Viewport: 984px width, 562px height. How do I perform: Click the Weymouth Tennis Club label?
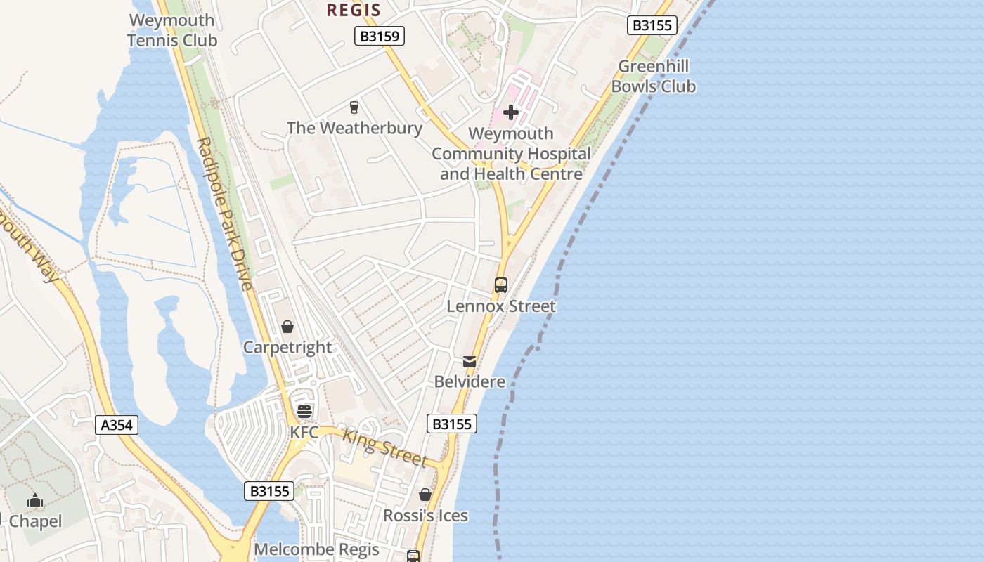coord(172,30)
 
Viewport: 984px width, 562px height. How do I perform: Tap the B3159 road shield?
coord(380,36)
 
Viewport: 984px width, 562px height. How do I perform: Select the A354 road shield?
coord(117,424)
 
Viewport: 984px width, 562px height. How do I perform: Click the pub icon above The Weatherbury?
coord(354,107)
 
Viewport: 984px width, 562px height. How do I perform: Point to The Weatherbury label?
coord(354,128)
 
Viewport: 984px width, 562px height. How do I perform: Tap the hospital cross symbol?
coord(511,112)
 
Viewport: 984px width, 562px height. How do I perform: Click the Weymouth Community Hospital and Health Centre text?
coord(511,154)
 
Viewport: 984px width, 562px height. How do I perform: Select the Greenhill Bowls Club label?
coord(653,77)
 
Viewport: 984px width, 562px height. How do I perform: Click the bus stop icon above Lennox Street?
coord(501,285)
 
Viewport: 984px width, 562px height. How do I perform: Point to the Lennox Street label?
coord(501,306)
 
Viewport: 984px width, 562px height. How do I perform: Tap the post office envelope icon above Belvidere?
coord(470,362)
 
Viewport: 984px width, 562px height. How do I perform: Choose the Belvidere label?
coord(470,381)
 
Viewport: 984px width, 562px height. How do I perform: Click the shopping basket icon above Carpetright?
coord(287,327)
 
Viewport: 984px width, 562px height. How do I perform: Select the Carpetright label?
coord(287,347)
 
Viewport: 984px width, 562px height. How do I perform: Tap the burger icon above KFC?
coord(304,411)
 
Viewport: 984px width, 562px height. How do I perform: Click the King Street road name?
coord(384,447)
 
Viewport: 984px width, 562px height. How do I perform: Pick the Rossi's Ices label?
coord(425,516)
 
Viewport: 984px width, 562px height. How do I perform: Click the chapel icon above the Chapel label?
coord(35,501)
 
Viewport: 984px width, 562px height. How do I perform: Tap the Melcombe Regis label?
coord(316,549)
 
